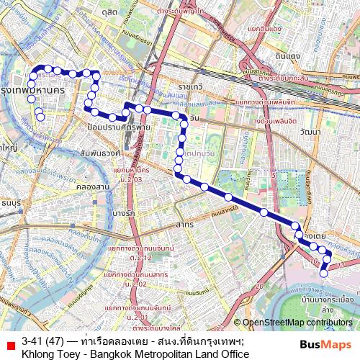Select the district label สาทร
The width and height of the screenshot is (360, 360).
pyautogui.click(x=184, y=225)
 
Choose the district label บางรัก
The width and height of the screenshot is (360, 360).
pyautogui.click(x=124, y=213)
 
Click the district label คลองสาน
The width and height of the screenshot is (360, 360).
pyautogui.click(x=92, y=186)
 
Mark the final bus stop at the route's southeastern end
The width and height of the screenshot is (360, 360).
pyautogui.click(x=323, y=273)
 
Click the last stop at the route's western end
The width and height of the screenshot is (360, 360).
pyautogui.click(x=41, y=117)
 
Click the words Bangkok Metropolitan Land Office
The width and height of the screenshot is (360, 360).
pyautogui.click(x=177, y=354)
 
